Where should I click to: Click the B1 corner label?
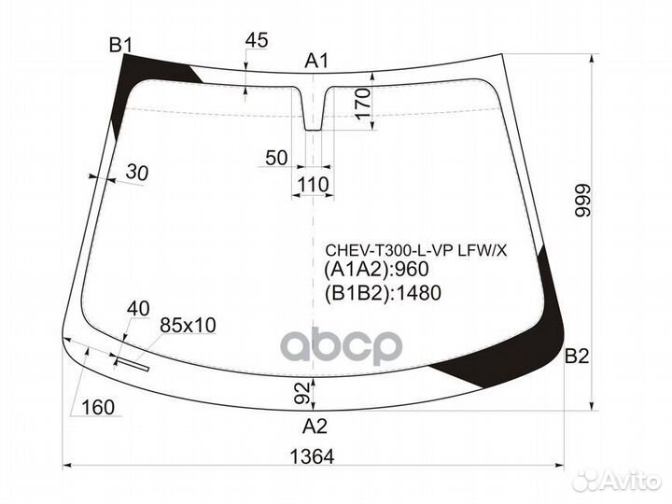point(120,45)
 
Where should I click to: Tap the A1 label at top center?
point(316,61)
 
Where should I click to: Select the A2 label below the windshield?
point(315,427)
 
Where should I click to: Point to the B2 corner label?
point(577,357)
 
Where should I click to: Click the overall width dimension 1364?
point(312,456)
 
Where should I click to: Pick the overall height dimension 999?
point(583,201)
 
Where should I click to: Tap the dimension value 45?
point(257,40)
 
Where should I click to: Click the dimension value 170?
point(362,104)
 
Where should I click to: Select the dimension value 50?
point(276,158)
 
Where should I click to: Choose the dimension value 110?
point(313,185)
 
